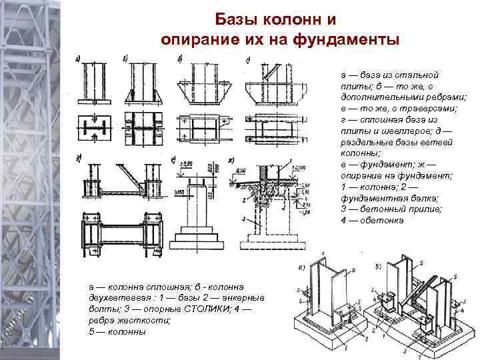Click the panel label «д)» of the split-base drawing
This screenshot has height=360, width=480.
tap(79, 158)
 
